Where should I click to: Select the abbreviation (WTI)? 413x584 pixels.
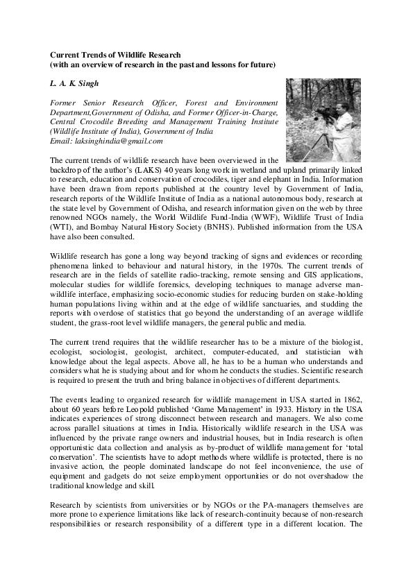pyautogui.click(x=63, y=206)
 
